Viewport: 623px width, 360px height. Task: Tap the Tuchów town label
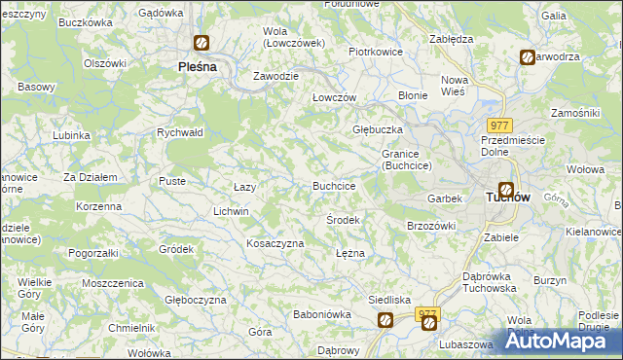(x=506, y=198)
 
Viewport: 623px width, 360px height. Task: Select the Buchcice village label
(x=333, y=185)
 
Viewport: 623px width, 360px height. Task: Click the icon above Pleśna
(x=201, y=43)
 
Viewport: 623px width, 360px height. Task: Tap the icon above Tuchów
(x=506, y=190)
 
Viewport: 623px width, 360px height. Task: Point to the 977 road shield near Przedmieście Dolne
(x=499, y=126)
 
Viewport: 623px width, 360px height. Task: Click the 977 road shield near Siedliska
(x=428, y=315)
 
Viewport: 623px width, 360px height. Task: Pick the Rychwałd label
(x=179, y=132)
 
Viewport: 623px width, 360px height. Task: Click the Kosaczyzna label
(x=275, y=243)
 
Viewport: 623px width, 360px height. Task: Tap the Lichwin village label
(x=232, y=211)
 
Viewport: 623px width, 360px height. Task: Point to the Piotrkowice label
(x=376, y=52)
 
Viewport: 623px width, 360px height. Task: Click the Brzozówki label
(x=430, y=226)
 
